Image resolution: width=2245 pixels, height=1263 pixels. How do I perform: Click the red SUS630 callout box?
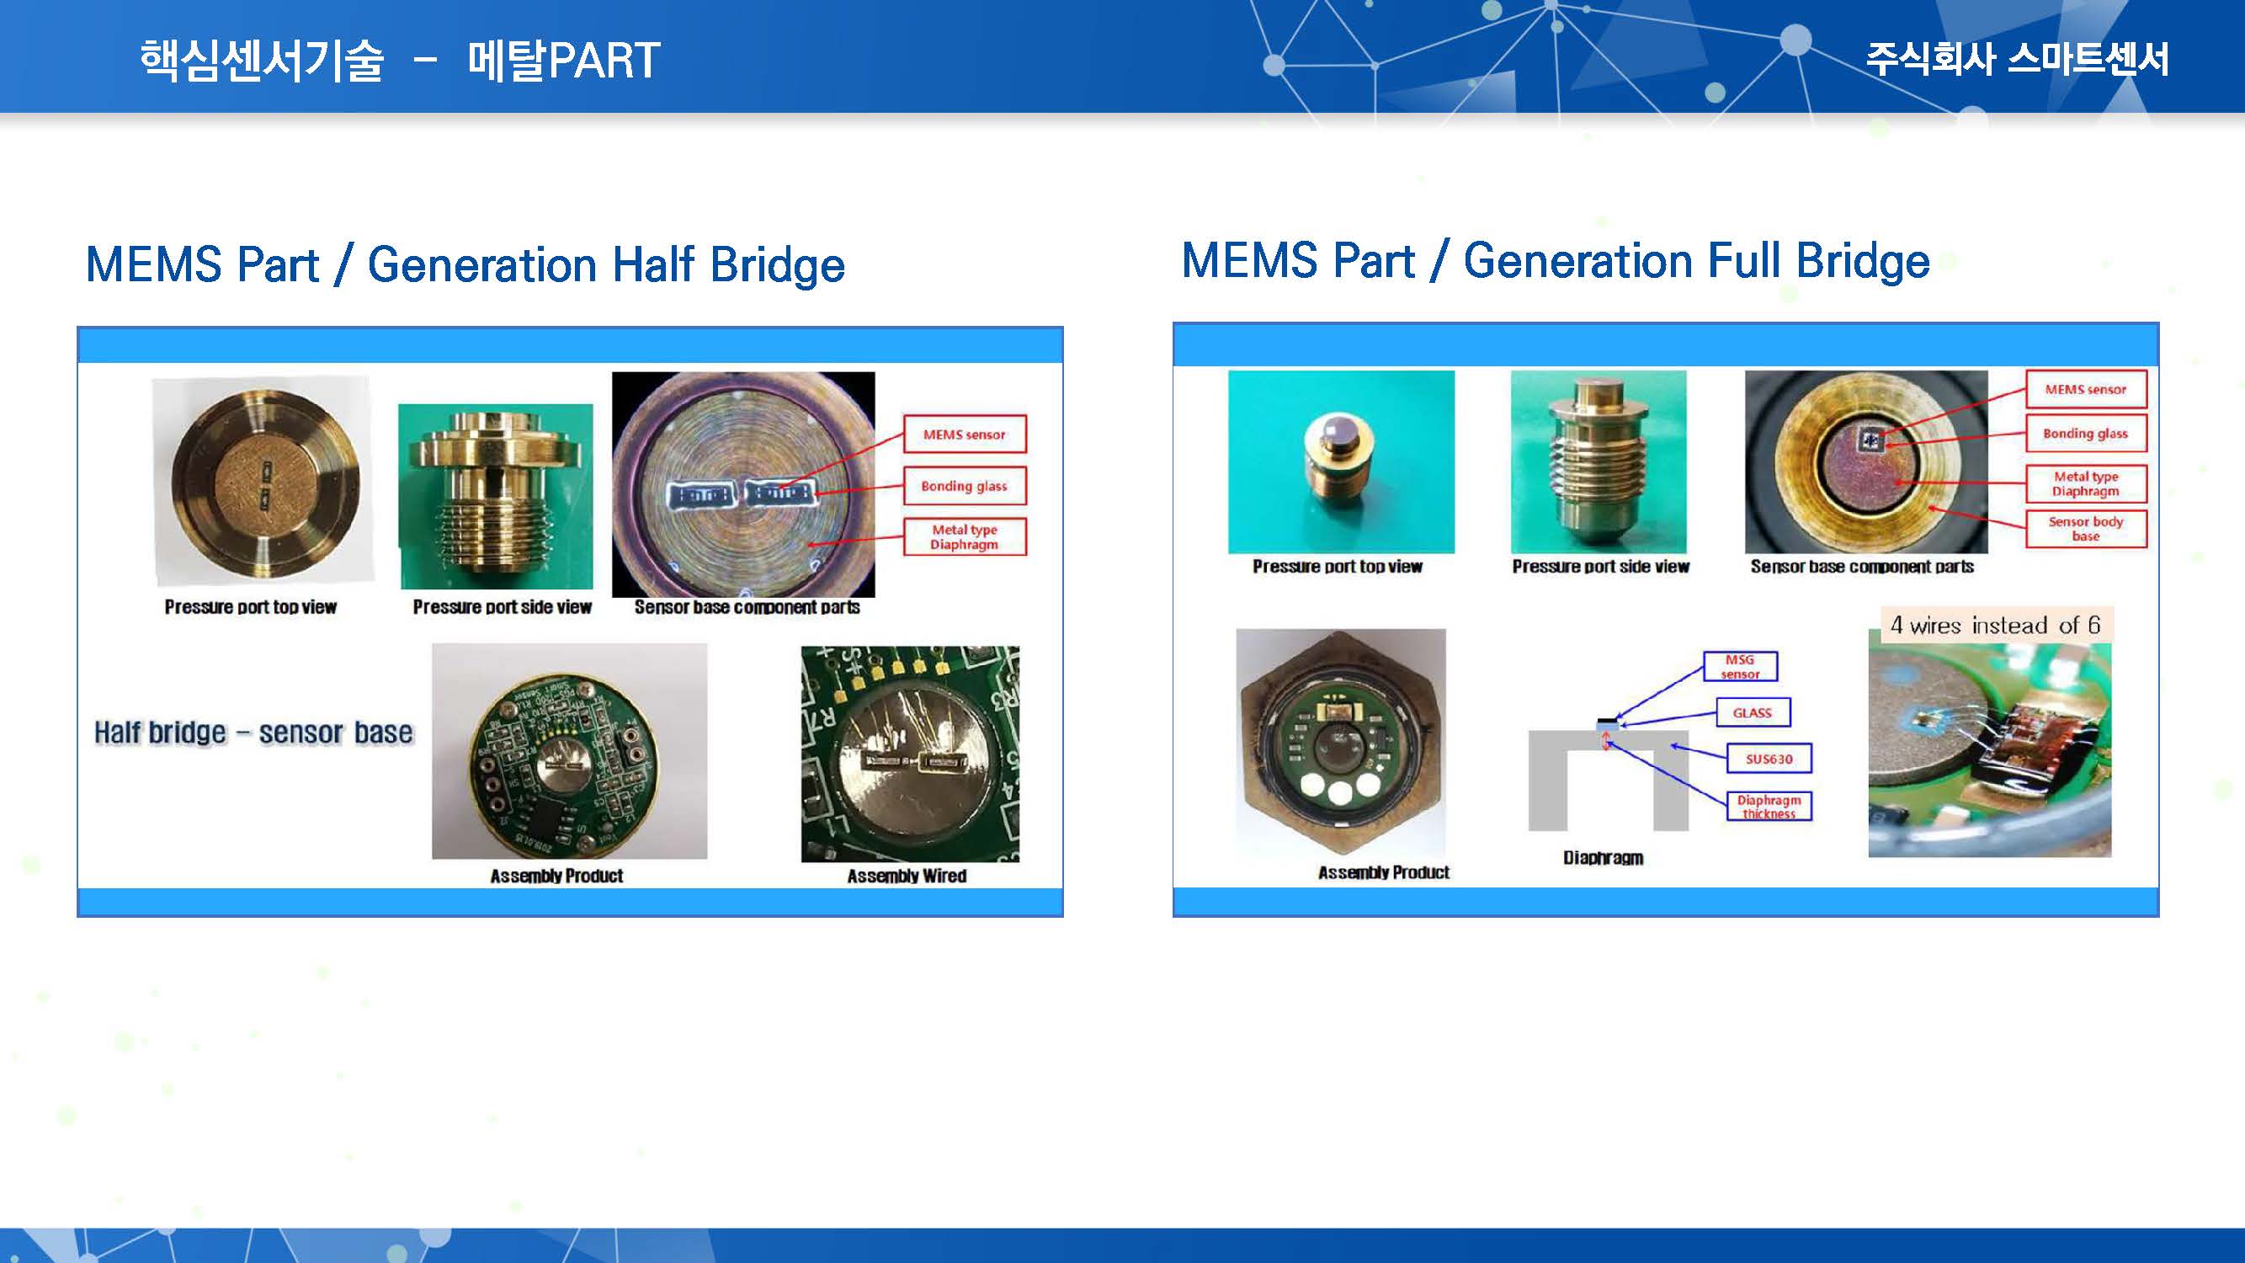(1769, 759)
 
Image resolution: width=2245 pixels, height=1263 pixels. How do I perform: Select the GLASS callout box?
(1753, 712)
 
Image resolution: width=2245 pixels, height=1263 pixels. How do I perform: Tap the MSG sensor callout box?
(1740, 667)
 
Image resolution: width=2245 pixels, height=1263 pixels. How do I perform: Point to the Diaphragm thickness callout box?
(1769, 807)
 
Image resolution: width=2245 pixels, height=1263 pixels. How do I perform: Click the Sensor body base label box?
(2086, 528)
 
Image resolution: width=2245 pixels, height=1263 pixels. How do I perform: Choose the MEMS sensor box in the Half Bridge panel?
(964, 434)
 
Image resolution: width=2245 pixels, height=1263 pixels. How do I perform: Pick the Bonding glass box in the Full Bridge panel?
(2086, 433)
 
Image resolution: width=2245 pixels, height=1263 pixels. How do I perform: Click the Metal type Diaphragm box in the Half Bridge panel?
(964, 537)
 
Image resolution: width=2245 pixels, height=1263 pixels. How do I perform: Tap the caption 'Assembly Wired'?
(907, 876)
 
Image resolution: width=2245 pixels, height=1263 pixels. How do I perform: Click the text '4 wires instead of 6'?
(1995, 625)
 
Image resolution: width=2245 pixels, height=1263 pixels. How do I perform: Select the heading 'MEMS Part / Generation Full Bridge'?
(1556, 261)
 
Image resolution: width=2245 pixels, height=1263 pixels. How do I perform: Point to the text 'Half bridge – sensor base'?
(253, 733)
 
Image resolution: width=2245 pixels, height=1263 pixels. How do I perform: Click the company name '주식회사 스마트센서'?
(2017, 59)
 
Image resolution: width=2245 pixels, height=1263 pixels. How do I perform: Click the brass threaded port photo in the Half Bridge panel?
(496, 496)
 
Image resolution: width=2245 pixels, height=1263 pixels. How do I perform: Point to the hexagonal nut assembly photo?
(1340, 743)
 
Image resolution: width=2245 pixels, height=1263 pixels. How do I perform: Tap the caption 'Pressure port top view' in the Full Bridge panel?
(1338, 567)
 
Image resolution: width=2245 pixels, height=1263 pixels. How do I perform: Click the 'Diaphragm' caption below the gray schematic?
(1604, 858)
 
